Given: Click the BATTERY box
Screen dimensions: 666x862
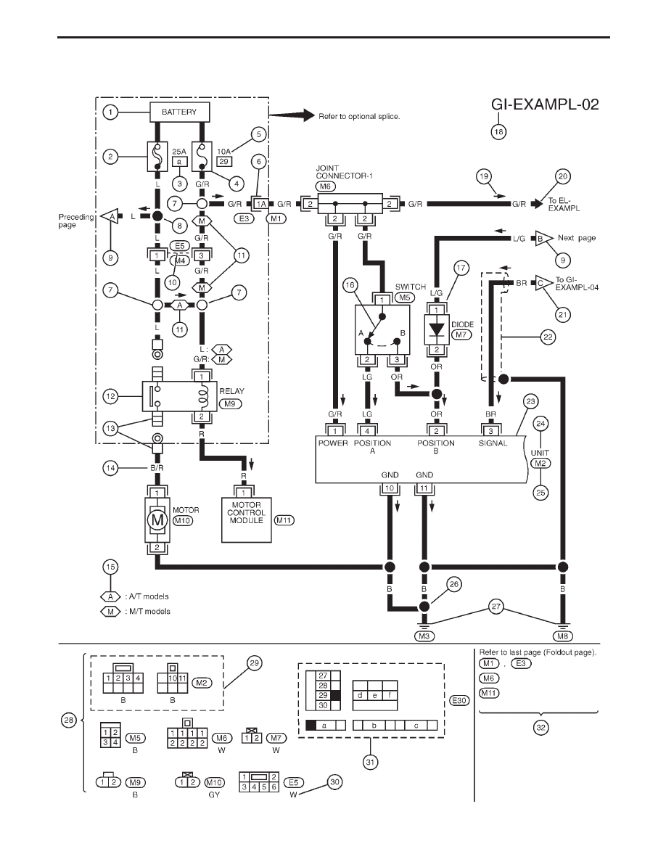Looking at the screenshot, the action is [x=179, y=112].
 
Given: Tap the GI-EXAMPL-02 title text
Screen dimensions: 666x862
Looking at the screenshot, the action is [x=545, y=104].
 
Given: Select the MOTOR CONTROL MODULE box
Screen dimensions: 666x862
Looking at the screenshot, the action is [x=246, y=520].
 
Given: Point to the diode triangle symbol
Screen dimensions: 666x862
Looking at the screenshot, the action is [x=436, y=329].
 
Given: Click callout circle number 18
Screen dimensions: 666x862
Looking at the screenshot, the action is [x=498, y=132].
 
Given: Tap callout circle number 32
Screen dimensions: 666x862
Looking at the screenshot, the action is [x=541, y=727].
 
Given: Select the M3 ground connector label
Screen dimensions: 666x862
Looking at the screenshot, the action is [x=424, y=636].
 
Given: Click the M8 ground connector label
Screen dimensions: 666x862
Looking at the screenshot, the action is [x=562, y=636].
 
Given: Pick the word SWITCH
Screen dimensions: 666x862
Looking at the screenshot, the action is [x=411, y=287].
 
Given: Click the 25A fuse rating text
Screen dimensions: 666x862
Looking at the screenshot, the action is [x=179, y=151].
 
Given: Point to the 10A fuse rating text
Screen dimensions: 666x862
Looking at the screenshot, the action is [x=223, y=151].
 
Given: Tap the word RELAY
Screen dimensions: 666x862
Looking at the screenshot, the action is [x=232, y=391].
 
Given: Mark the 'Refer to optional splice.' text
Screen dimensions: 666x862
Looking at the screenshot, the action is [x=359, y=117].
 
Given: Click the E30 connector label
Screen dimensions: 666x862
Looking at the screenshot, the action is [x=459, y=700].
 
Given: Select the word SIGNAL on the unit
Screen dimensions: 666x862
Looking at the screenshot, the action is [x=493, y=443].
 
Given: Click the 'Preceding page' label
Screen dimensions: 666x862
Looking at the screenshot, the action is [x=76, y=221].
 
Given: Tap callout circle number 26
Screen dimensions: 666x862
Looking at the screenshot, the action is [x=454, y=584].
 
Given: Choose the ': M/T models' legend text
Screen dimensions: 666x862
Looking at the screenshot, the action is [x=147, y=612].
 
